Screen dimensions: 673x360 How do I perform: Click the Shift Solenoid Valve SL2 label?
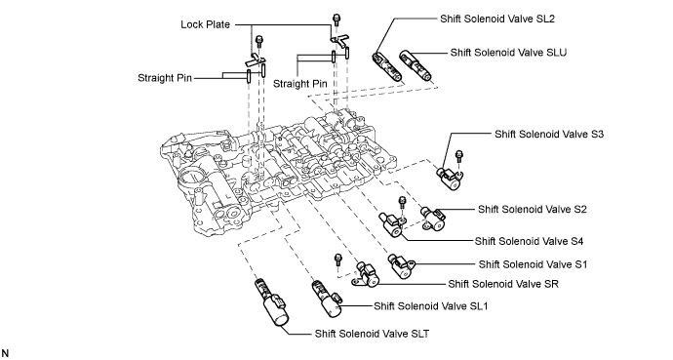tap(497, 19)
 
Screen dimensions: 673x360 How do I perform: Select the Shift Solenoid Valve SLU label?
tap(508, 53)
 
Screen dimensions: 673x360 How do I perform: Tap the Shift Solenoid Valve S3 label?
tap(549, 134)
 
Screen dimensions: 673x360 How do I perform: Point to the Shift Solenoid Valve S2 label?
tap(533, 210)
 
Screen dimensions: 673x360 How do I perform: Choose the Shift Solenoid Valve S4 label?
tap(529, 241)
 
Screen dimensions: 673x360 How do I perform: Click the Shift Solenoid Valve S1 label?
tap(533, 264)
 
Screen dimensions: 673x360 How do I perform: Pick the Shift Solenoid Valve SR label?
tap(503, 284)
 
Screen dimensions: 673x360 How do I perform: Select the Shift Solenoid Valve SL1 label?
tap(430, 306)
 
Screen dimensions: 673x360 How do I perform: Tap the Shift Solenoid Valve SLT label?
tap(372, 334)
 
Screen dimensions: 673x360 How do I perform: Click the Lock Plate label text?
tap(205, 24)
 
